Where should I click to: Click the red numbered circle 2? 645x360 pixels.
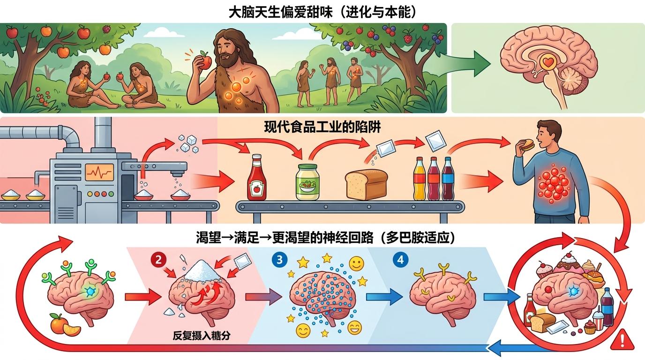click(158, 260)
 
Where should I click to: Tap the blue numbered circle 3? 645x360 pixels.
click(279, 260)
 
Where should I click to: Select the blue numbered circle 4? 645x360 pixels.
click(400, 260)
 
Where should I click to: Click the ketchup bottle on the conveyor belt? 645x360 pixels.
click(257, 177)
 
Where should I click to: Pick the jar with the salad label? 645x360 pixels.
click(308, 182)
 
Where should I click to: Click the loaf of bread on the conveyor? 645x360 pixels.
click(367, 184)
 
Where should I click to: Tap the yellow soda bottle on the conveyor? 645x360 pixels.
click(420, 179)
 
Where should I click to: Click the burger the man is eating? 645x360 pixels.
click(527, 145)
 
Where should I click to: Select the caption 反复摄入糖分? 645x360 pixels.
click(202, 336)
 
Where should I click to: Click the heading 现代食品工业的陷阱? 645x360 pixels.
click(322, 127)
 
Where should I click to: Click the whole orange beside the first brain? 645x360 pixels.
click(60, 323)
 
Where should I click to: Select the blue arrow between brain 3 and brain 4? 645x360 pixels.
click(385, 297)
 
